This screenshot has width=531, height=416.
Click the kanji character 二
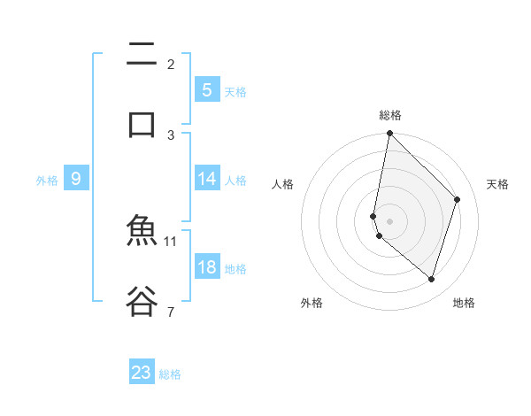(142, 55)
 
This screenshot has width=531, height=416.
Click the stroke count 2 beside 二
(171, 65)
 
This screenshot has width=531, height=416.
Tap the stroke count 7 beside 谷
(171, 311)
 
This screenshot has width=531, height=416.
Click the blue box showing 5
(206, 90)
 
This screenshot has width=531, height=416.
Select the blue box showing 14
(206, 179)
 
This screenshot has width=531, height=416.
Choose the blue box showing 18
(206, 267)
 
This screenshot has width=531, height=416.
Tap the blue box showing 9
(76, 180)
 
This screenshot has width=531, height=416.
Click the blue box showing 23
(142, 373)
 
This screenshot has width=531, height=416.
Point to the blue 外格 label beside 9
(47, 181)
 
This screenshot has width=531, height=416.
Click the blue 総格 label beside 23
(171, 374)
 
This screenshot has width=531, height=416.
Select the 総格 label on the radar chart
(390, 115)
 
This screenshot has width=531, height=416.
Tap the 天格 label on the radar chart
(498, 184)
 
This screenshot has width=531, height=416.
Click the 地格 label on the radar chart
(464, 303)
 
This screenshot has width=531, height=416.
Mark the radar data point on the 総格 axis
(389, 133)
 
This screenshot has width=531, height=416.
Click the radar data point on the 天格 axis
(458, 199)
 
